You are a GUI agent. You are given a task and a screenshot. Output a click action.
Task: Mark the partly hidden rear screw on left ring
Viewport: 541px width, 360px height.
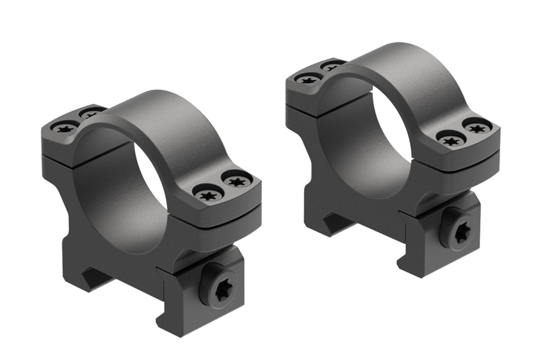tap(92, 114)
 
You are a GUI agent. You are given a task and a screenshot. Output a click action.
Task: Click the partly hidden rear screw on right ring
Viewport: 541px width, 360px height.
tap(333, 66)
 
